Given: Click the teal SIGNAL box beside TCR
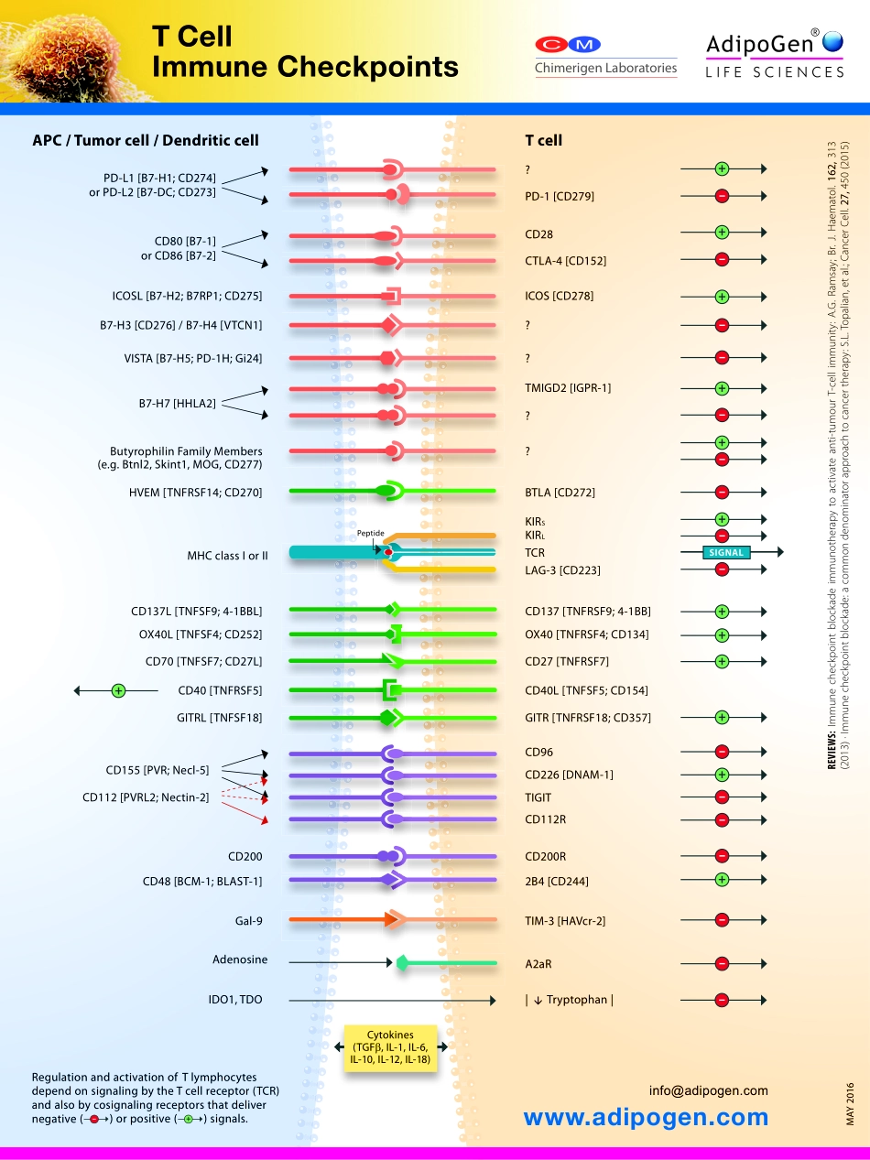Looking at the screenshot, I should pos(725,552).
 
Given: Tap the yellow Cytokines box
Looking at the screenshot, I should pos(390,1046).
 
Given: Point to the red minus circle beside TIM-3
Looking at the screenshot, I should pos(722,920).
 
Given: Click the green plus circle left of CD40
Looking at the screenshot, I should pos(117,690).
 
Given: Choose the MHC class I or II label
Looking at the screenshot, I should pos(227,556).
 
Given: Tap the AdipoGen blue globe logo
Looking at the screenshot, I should pos(832,41).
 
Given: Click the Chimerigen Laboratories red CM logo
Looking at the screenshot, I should pos(567,44).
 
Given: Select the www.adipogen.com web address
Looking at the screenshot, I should pos(646,1117).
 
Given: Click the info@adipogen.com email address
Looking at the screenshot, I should pos(708,1090).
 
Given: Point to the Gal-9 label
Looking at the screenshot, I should pos(248,921).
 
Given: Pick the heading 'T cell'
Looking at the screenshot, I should pos(543,140).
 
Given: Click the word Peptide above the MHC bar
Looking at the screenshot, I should pos(371,533).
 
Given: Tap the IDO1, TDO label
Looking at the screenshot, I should pos(235,1000).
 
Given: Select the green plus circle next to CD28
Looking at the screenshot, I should pos(722,233).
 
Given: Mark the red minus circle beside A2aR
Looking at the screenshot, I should pos(722,963).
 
